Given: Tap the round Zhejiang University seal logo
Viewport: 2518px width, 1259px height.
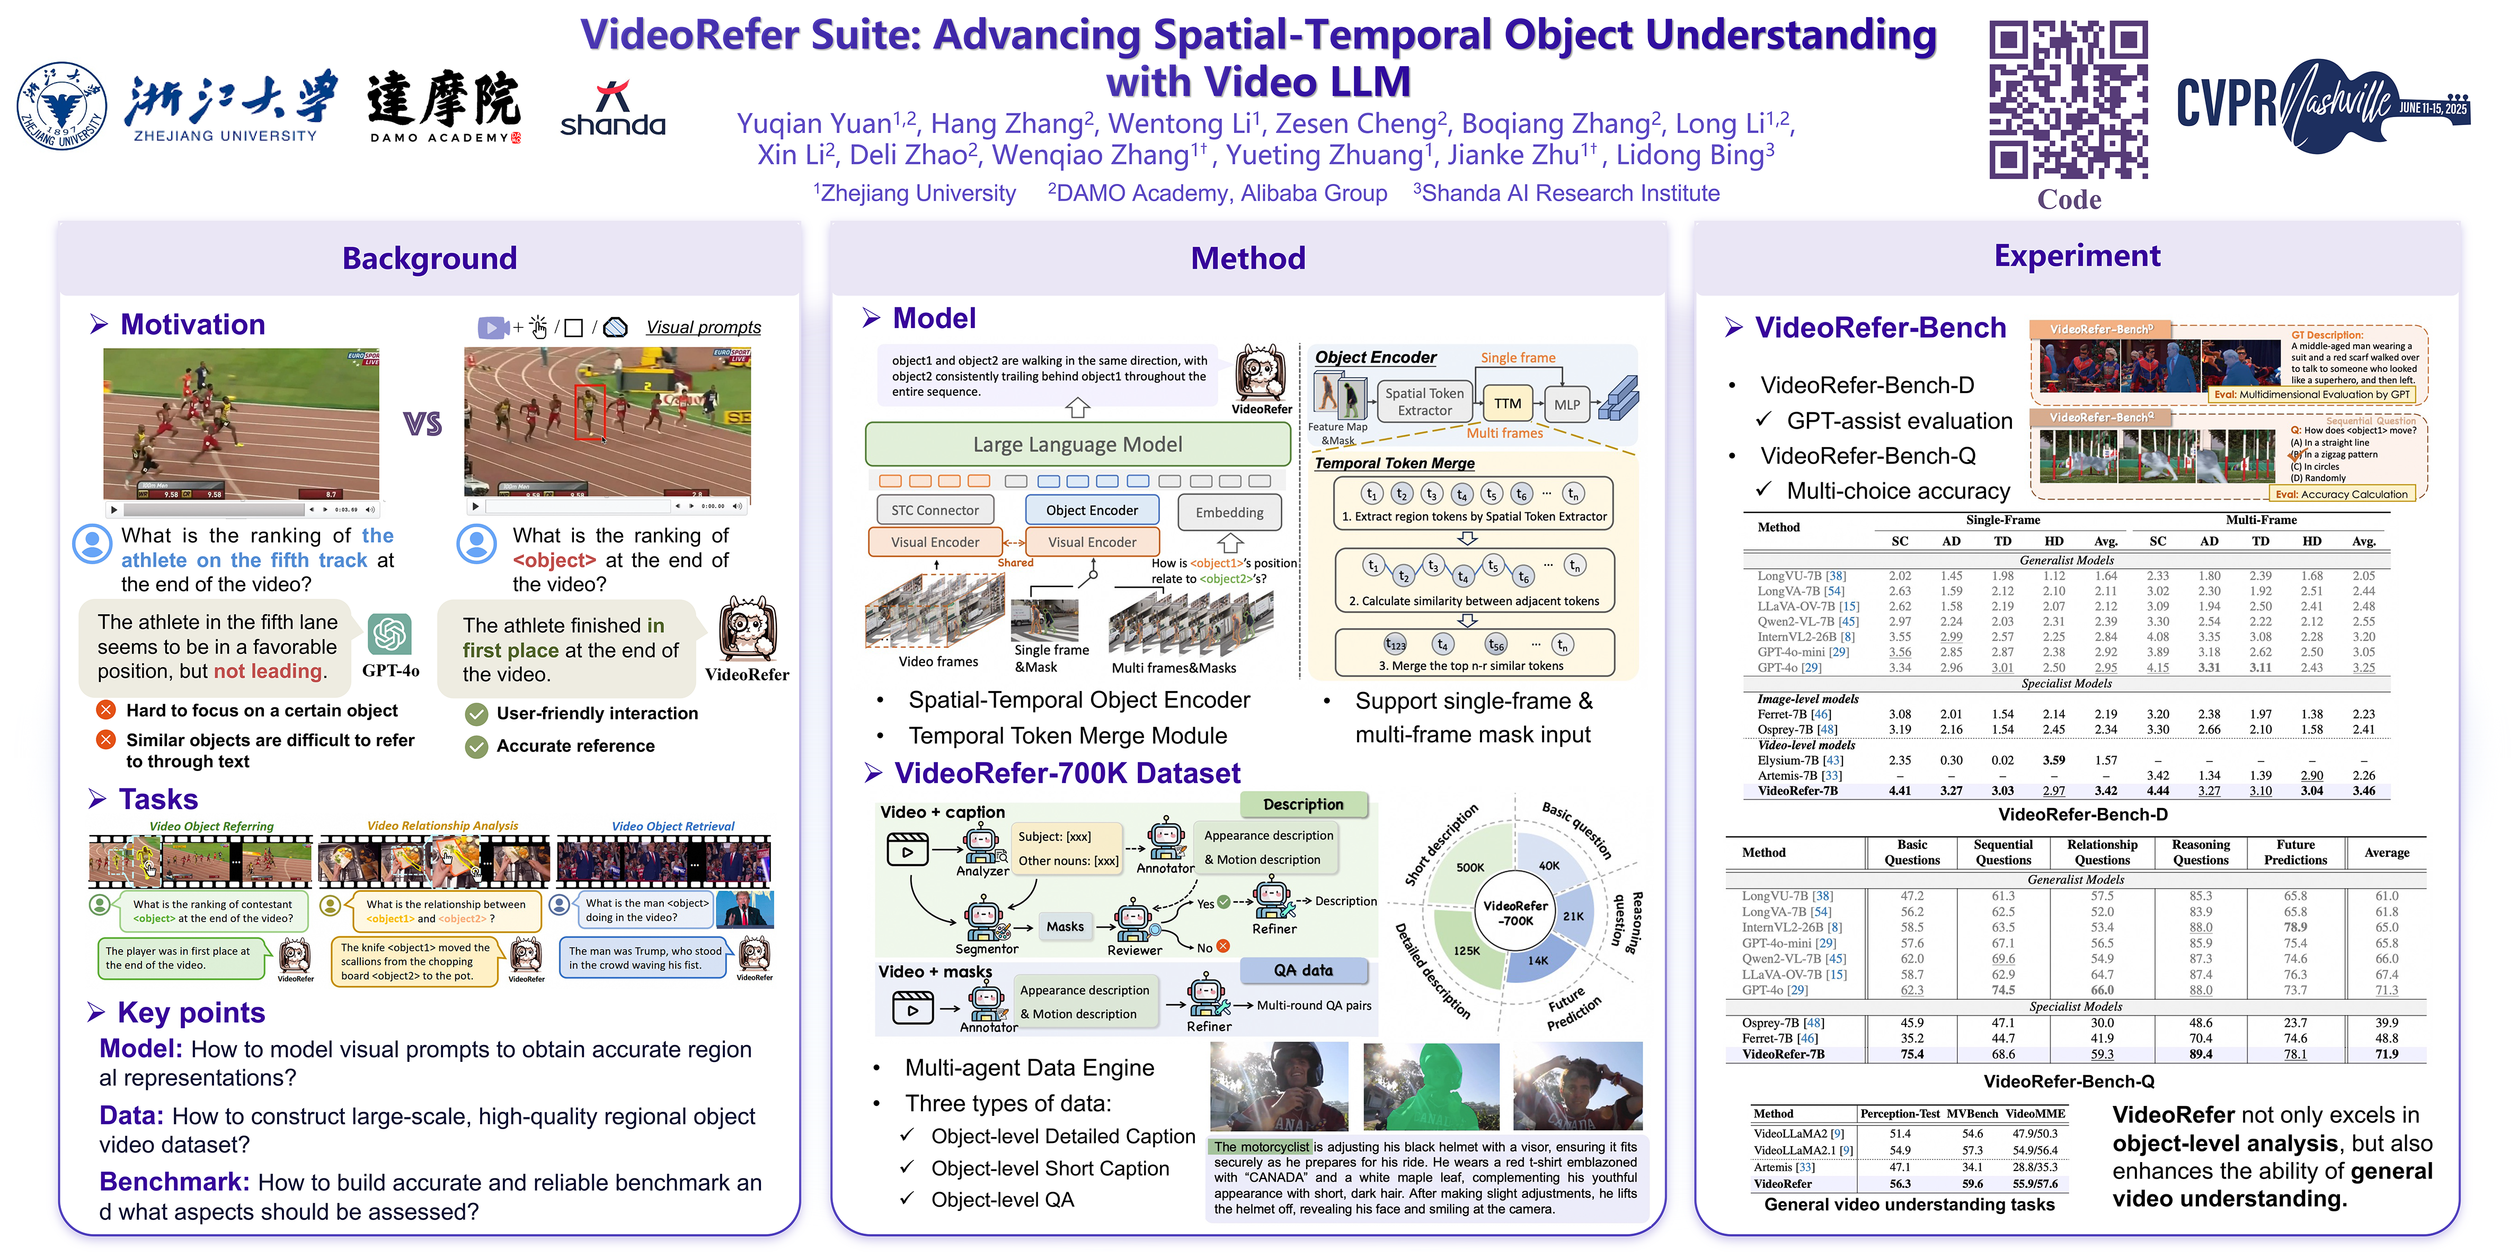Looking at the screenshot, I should tap(61, 105).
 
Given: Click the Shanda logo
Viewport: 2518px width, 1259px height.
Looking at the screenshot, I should tap(613, 110).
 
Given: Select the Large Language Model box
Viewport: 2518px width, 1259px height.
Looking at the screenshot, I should tap(1077, 445).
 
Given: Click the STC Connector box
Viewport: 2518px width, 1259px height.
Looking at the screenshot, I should tap(935, 510).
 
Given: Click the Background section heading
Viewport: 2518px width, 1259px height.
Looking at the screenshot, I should tap(429, 258).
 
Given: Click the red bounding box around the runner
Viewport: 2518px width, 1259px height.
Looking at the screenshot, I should tap(589, 412).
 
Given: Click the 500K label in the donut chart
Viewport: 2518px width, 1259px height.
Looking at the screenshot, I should tap(1470, 867).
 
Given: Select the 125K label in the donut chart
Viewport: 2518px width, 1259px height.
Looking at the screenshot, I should tap(1466, 950).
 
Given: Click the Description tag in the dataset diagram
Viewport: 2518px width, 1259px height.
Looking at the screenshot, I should tap(1303, 804).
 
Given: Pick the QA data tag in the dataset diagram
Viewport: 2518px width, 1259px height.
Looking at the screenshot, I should tap(1303, 971).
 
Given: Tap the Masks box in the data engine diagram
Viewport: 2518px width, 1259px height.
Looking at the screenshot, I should tap(1065, 927).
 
